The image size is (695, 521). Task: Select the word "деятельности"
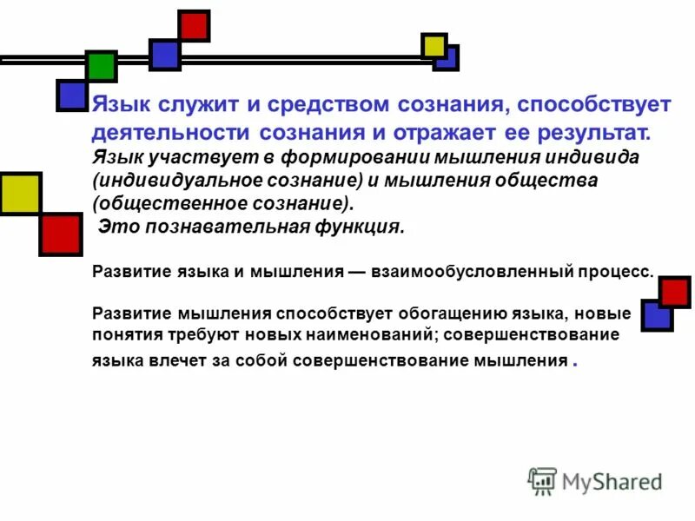(x=170, y=134)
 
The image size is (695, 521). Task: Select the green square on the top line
(x=101, y=67)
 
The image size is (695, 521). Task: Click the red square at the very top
(x=194, y=25)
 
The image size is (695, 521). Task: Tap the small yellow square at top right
(x=434, y=45)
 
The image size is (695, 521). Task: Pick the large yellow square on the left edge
(x=19, y=194)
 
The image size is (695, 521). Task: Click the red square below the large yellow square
(x=60, y=234)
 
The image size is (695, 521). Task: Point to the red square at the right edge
(x=674, y=292)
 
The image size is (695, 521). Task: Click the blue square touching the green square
(x=72, y=95)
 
